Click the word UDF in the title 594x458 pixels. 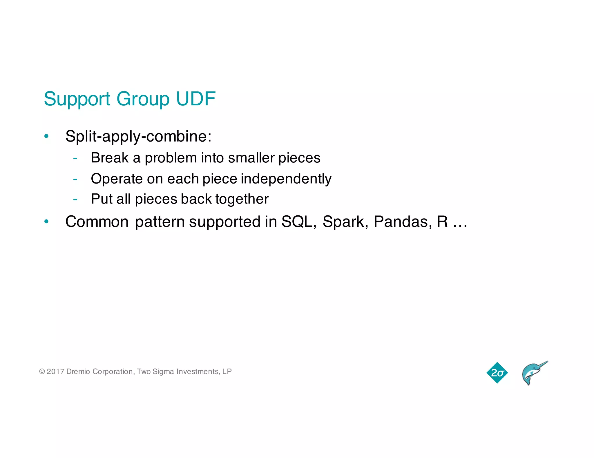(196, 99)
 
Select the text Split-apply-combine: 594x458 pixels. (138, 136)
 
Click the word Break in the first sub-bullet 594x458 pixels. (109, 158)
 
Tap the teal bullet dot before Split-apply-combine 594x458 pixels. (46, 136)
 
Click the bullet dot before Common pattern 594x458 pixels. (46, 222)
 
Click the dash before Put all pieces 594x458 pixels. (75, 199)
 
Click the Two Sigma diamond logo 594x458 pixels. (497, 373)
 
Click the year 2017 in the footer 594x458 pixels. (55, 371)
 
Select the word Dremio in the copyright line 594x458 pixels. (78, 371)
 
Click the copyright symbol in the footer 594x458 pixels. (42, 371)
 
